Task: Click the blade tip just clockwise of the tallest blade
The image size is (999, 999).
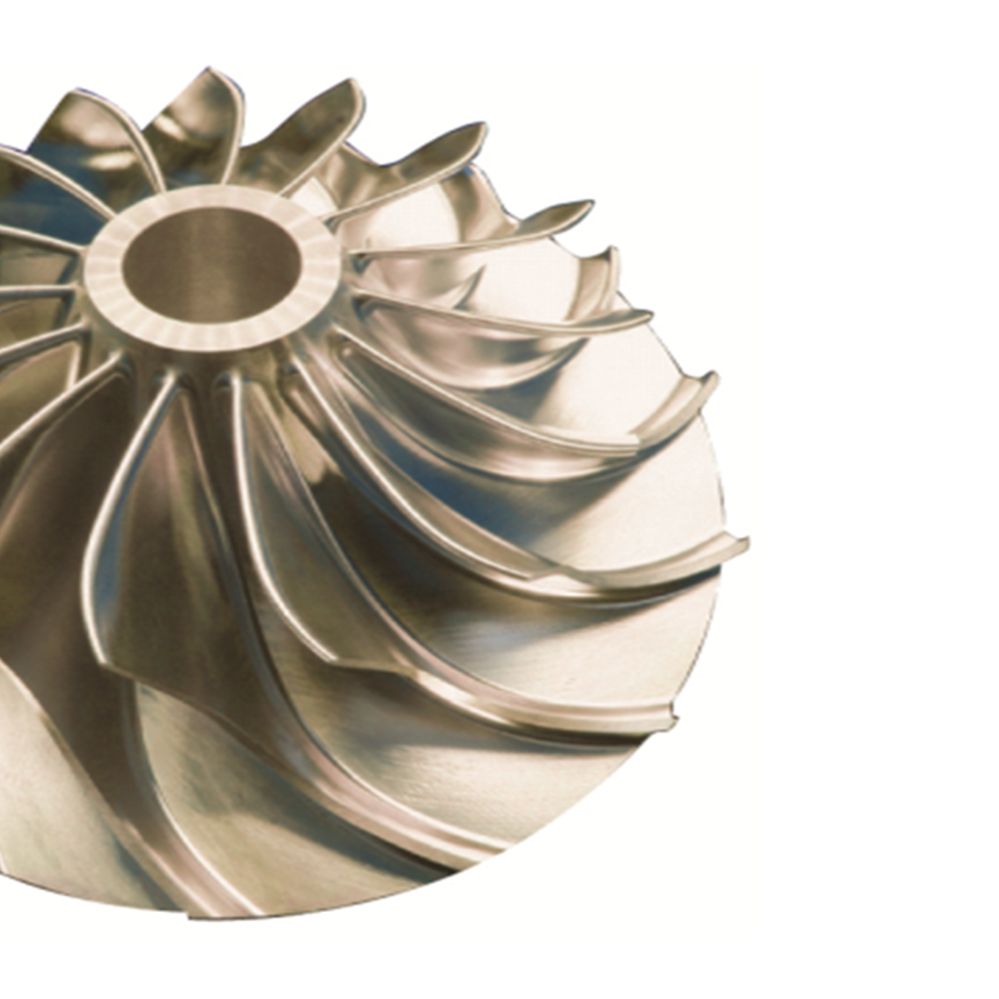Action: coord(352,86)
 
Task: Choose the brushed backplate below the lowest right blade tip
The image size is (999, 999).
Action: coord(559,789)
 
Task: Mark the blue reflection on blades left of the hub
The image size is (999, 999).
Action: coord(30,200)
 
